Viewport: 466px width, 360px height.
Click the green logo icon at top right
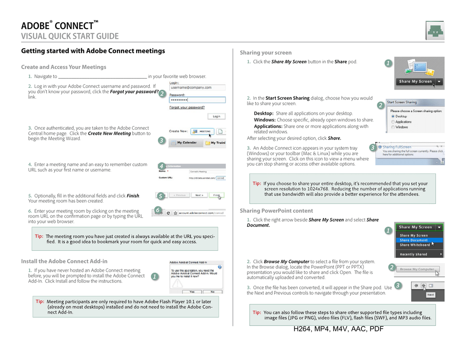point(435,31)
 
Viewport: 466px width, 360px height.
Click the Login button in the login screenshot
point(216,116)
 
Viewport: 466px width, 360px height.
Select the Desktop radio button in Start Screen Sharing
point(393,116)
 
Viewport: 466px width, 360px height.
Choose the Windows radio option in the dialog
point(393,127)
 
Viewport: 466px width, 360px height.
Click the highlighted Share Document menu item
point(414,240)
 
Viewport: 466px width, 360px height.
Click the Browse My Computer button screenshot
point(417,269)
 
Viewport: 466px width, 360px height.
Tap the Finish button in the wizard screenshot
point(217,195)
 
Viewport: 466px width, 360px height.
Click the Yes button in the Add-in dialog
point(192,292)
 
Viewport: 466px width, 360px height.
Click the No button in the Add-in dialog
point(212,292)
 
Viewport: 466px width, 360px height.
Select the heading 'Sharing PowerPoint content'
point(276,211)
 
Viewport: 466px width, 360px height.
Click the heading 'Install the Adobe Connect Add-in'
point(64,261)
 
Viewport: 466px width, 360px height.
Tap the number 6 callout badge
point(157,210)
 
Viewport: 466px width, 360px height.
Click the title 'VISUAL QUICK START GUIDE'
point(70,36)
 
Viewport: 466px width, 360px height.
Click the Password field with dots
point(197,100)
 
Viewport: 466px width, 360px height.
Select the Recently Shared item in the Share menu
point(414,254)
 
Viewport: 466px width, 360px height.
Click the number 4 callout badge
point(161,166)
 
